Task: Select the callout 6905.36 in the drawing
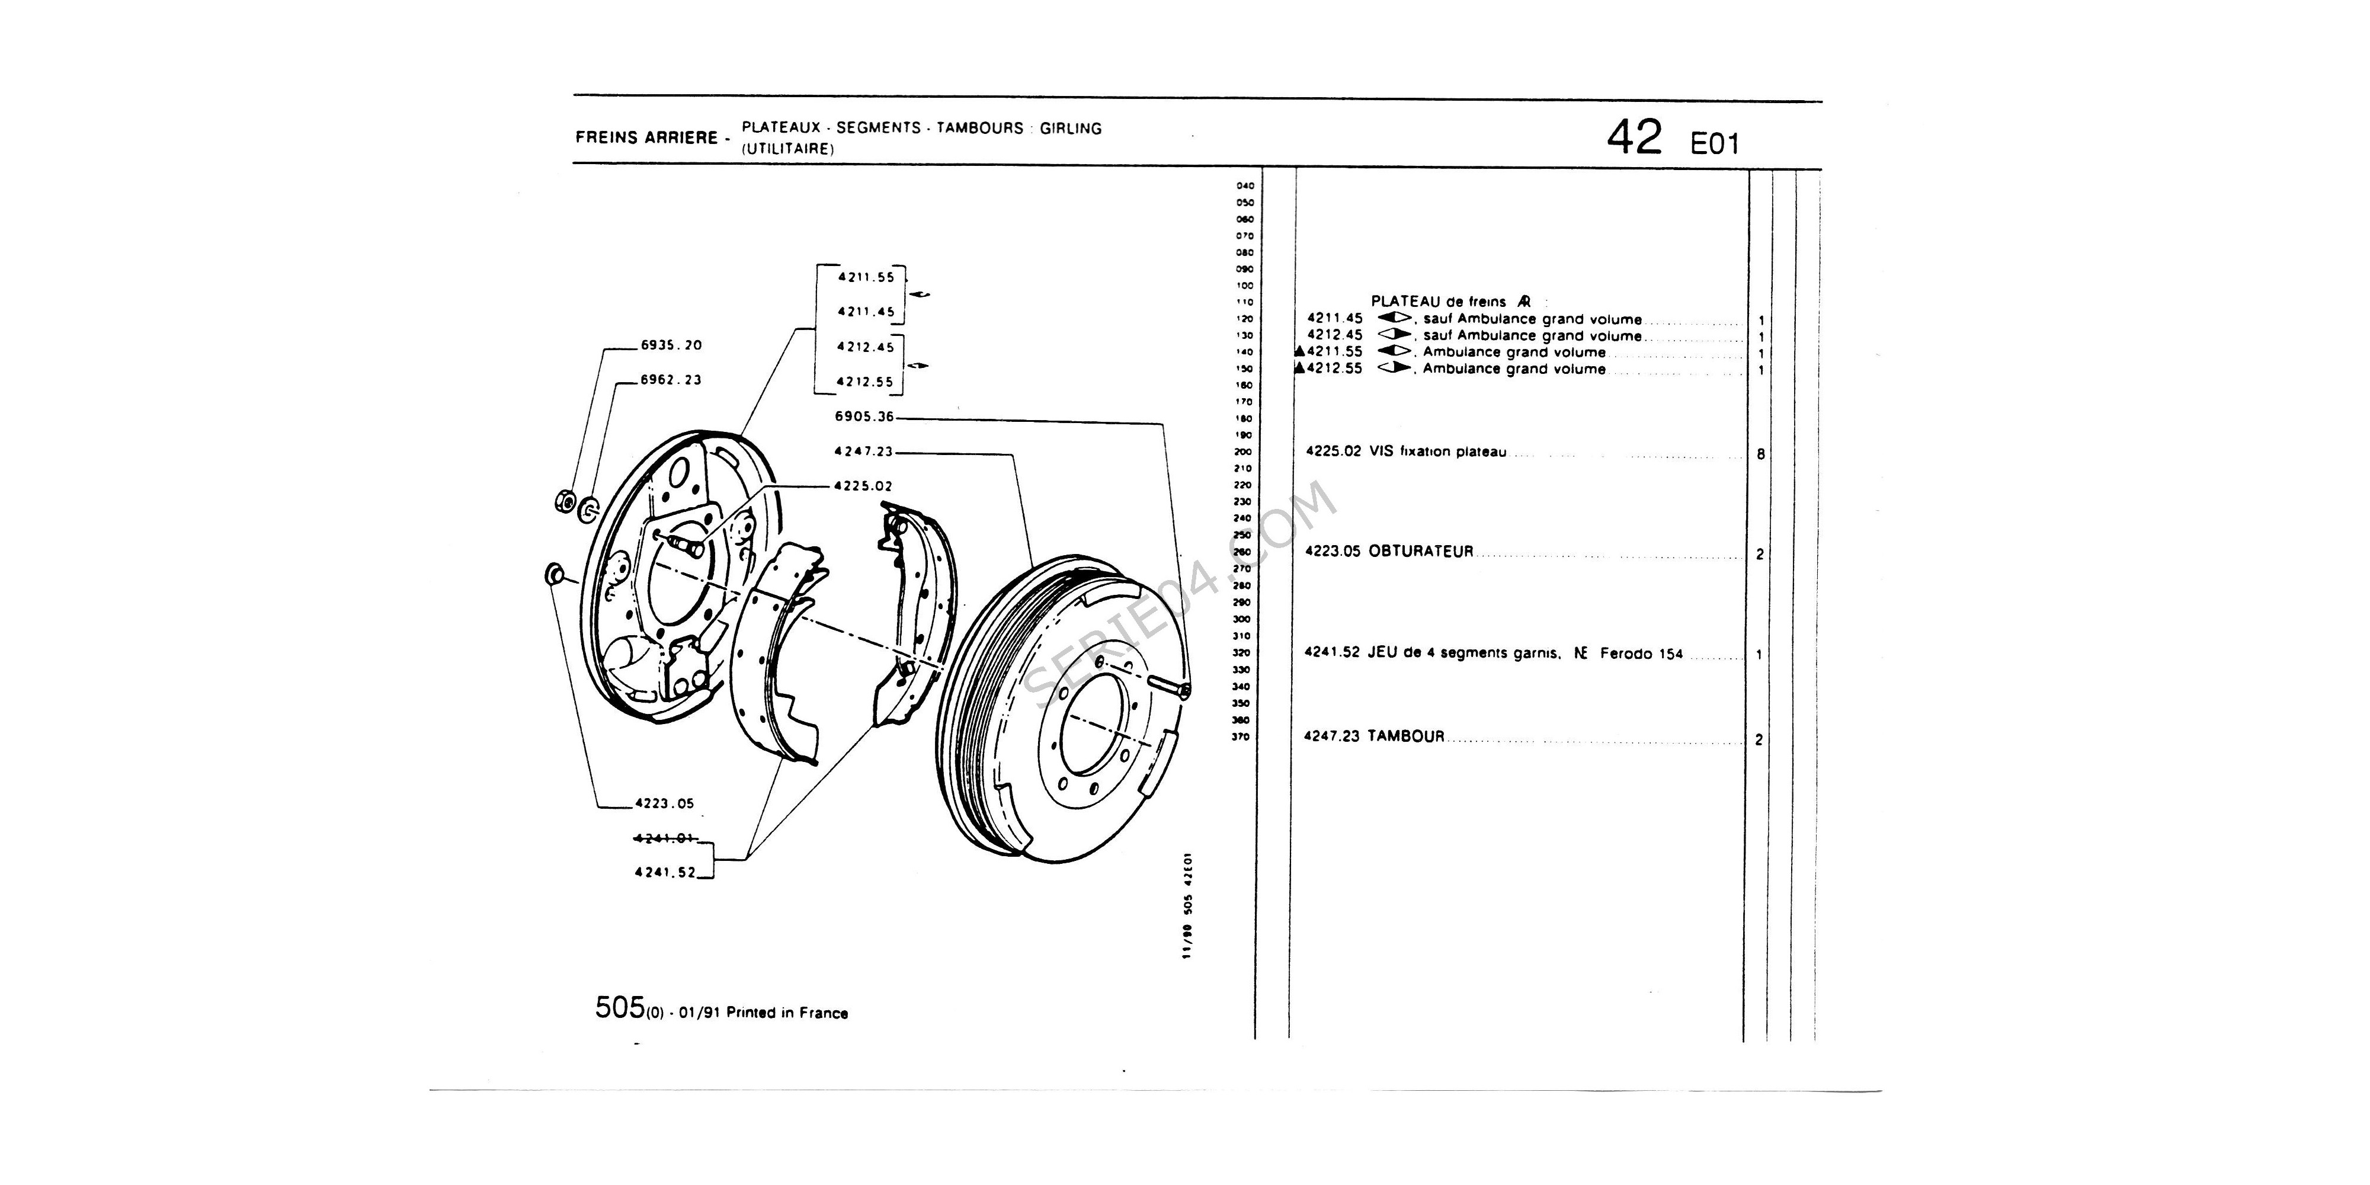864,417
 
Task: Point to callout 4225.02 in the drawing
863,486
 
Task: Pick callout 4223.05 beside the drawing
664,803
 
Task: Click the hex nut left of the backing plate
561,502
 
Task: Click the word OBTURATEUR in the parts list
1421,552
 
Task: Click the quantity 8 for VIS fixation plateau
1760,454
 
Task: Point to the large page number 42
1634,139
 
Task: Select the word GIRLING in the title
1071,129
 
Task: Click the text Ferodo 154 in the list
1641,654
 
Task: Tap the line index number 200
1244,451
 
